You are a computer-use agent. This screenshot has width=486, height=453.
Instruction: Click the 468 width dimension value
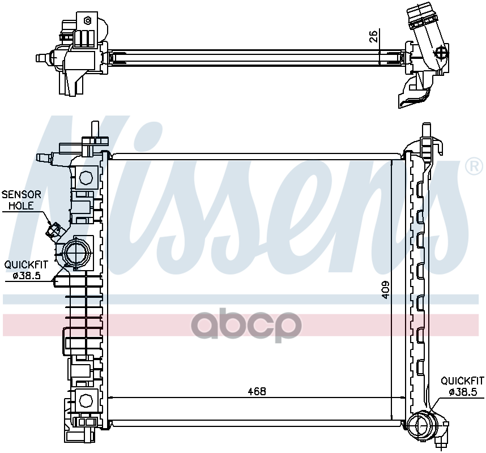257,391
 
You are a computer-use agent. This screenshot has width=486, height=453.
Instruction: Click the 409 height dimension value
386,290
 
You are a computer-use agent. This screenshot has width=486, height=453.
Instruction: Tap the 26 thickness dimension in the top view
374,36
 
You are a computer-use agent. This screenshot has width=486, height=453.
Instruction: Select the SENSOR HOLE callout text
22,200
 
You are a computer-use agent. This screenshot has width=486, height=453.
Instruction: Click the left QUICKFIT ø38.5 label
26,270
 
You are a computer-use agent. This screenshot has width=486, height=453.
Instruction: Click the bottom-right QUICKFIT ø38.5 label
462,386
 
